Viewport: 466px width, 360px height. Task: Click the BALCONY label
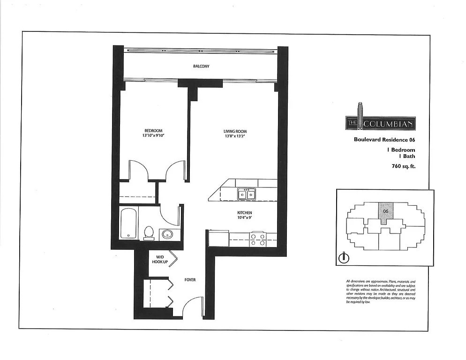pyautogui.click(x=201, y=67)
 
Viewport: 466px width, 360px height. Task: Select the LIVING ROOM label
pyautogui.click(x=234, y=131)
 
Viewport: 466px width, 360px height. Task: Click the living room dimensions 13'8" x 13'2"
pyautogui.click(x=234, y=137)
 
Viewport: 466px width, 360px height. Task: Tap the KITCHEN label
pyautogui.click(x=244, y=212)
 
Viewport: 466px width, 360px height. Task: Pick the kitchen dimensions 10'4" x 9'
pyautogui.click(x=244, y=218)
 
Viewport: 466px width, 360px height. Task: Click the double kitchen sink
pyautogui.click(x=246, y=194)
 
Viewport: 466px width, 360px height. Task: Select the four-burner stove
pyautogui.click(x=257, y=240)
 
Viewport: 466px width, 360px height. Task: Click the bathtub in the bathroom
pyautogui.click(x=128, y=224)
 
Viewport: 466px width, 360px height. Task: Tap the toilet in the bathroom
pyautogui.click(x=149, y=232)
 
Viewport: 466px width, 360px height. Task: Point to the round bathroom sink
pyautogui.click(x=166, y=234)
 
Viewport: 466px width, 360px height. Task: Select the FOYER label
pyautogui.click(x=190, y=280)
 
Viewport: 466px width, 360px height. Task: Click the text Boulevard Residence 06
pyautogui.click(x=384, y=140)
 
